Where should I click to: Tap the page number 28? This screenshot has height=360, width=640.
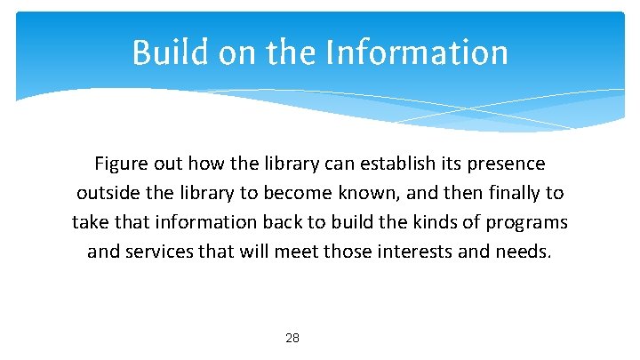pos(292,339)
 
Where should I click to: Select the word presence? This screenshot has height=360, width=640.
pos(506,164)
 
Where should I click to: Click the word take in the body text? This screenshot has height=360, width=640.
pos(91,222)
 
